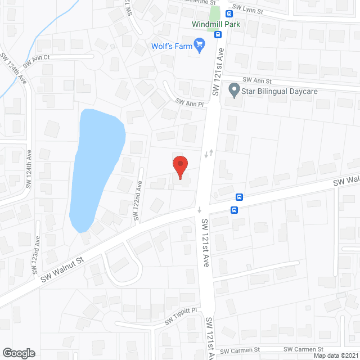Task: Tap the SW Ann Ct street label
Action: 37,58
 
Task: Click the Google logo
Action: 18,353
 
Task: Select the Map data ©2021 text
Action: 336,355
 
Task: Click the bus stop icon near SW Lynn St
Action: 229,13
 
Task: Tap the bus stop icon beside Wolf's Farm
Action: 218,35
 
